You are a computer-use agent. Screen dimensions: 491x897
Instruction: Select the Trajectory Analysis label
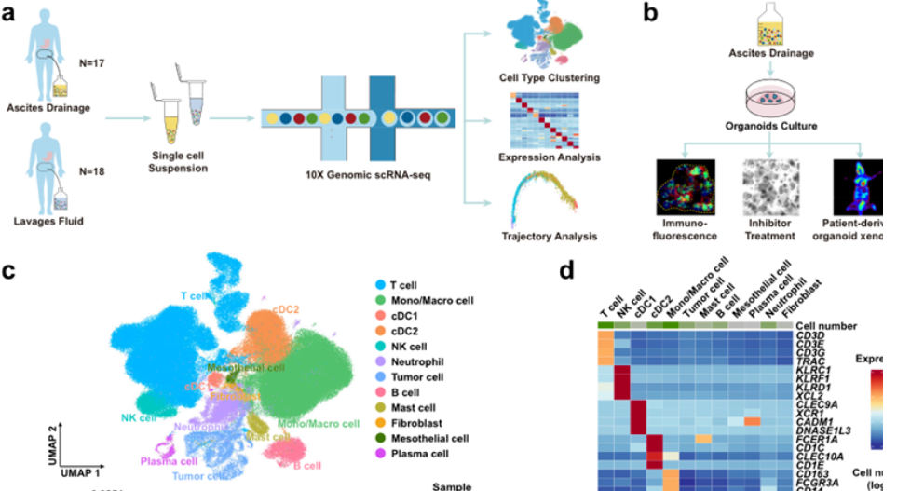pos(548,236)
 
